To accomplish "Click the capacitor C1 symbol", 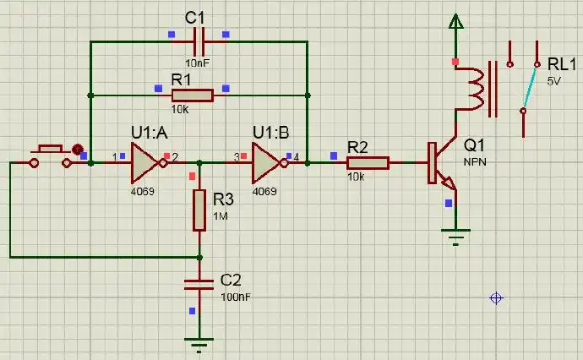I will pyautogui.click(x=199, y=41).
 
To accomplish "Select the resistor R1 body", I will pyautogui.click(x=193, y=95).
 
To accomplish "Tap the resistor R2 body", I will pyautogui.click(x=368, y=162).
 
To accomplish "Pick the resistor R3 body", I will pyautogui.click(x=199, y=210).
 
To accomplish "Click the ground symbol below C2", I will pyautogui.click(x=199, y=344).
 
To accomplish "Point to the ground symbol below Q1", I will pyautogui.click(x=456, y=237).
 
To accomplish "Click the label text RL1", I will pyautogui.click(x=562, y=65).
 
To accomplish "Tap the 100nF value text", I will pyautogui.click(x=236, y=297).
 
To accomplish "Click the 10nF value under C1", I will pyautogui.click(x=198, y=62).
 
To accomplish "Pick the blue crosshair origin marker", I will pyautogui.click(x=497, y=297).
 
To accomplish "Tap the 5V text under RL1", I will pyautogui.click(x=553, y=81).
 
